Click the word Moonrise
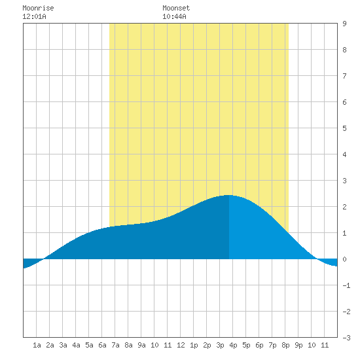tap(38, 8)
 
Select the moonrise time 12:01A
tap(34, 16)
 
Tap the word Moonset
tap(176, 8)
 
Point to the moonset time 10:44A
tap(174, 16)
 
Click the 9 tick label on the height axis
tap(344, 24)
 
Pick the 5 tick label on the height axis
tap(344, 128)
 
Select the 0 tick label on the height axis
tap(344, 259)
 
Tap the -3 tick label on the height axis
tap(346, 338)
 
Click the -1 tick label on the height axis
tap(346, 285)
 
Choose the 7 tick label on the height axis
tap(344, 76)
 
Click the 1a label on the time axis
tap(37, 345)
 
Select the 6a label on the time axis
tap(102, 345)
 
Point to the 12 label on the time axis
tap(181, 345)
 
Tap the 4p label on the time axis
tap(233, 345)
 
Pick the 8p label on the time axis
tap(285, 345)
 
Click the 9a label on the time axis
tap(141, 345)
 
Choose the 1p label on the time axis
tap(194, 345)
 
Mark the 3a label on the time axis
tap(63, 345)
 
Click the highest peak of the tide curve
tap(228, 195)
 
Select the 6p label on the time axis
tap(259, 345)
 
